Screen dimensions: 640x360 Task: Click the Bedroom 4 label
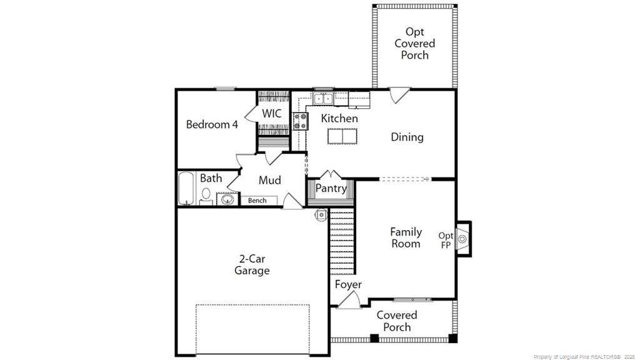point(212,124)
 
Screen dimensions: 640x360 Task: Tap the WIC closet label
point(271,113)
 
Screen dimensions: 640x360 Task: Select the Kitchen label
point(339,118)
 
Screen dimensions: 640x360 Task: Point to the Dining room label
point(407,137)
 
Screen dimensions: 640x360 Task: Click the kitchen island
point(342,136)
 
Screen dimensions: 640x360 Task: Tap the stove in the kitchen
point(301,121)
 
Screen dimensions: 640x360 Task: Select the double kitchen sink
point(323,98)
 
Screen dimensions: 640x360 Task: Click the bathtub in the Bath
point(186,188)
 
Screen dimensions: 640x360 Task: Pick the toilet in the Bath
point(206,196)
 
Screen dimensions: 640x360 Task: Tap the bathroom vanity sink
point(227,199)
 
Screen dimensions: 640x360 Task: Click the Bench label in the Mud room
point(257,201)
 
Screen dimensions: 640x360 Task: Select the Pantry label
point(331,189)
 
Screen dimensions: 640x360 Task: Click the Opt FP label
point(446,241)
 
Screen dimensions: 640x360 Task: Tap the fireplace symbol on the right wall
point(463,239)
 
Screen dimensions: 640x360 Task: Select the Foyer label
point(348,284)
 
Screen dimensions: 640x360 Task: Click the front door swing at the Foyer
point(349,300)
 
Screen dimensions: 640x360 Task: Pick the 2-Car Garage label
point(252,264)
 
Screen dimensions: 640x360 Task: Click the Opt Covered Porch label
point(415,43)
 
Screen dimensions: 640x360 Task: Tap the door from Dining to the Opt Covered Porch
point(399,95)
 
